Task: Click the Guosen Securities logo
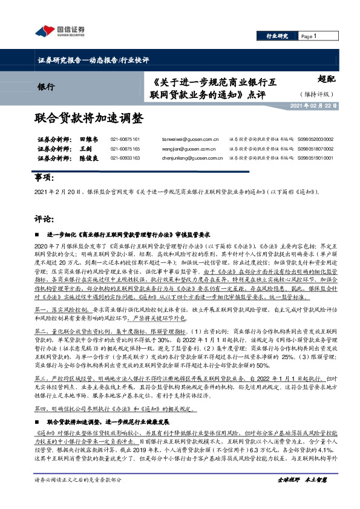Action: click(59, 31)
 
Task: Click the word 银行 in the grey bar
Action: click(45, 86)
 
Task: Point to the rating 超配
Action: click(327, 78)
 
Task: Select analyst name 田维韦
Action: click(88, 139)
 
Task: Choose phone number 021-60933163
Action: click(125, 158)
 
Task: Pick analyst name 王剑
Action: click(85, 149)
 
